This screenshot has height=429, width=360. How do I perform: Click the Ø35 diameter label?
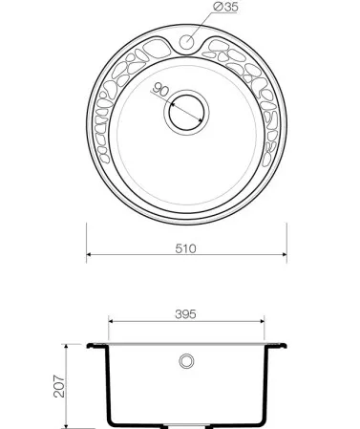[225, 7]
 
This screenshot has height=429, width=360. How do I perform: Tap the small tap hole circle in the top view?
[186, 42]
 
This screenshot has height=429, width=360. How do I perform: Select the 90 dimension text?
[160, 90]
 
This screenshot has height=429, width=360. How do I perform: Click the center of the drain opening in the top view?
[186, 113]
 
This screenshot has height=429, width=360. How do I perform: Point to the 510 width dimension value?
[185, 248]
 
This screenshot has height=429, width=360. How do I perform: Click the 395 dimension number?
[185, 314]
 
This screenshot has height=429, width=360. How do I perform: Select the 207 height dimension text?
[59, 386]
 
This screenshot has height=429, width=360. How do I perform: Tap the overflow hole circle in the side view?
[186, 361]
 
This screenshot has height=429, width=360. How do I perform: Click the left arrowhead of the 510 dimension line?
[89, 254]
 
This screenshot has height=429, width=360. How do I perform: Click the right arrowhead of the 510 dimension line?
[285, 254]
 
